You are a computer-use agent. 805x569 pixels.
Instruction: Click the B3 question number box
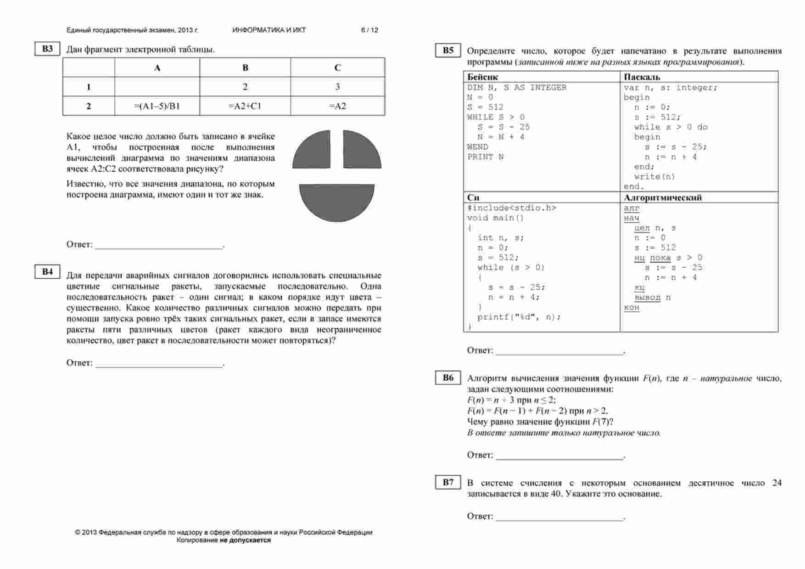point(47,49)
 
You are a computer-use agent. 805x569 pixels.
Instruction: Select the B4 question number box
point(47,271)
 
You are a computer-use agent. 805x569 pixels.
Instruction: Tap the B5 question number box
point(448,51)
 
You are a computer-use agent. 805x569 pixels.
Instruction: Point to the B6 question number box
point(448,377)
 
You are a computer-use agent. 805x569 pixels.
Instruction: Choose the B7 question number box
point(448,482)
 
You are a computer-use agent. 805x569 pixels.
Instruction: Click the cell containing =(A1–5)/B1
point(157,106)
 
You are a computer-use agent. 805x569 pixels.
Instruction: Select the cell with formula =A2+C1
point(245,106)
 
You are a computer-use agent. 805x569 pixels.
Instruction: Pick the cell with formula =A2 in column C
point(337,106)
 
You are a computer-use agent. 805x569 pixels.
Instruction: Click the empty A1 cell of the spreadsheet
point(157,87)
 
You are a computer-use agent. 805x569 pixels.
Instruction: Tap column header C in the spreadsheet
point(337,68)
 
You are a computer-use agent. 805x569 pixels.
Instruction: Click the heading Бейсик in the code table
point(482,77)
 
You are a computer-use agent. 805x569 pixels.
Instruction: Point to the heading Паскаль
point(642,77)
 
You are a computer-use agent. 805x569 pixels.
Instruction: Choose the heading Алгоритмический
point(663,197)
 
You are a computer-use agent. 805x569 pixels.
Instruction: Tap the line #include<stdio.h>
point(512,208)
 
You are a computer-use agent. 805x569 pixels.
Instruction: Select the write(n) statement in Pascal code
point(654,177)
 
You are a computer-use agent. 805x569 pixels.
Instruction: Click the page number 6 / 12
point(369,30)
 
